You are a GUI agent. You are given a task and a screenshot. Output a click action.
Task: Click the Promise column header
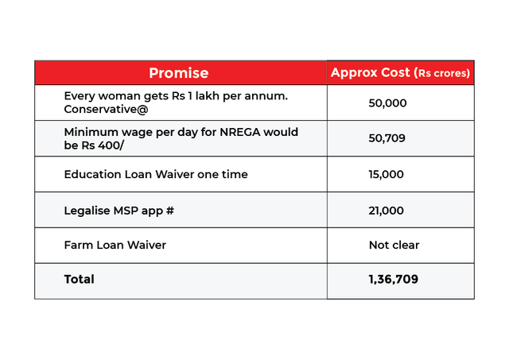(178, 73)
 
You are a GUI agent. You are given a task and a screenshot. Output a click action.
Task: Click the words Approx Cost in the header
(371, 72)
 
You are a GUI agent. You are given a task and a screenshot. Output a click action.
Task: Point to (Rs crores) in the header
(443, 73)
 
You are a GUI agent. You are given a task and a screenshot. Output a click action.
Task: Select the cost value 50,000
(387, 103)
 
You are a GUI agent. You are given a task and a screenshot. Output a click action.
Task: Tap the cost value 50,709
(387, 138)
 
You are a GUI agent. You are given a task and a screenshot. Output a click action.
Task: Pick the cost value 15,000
(387, 174)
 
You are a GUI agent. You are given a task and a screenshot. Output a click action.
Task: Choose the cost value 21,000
(387, 210)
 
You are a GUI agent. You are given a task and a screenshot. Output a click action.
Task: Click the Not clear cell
(394, 245)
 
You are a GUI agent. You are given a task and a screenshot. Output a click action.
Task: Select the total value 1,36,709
(393, 280)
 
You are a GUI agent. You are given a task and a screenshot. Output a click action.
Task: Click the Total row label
(79, 279)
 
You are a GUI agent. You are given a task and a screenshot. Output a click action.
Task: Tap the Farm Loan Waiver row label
(115, 245)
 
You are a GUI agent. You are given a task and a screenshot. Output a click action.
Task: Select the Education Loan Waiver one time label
(155, 174)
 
